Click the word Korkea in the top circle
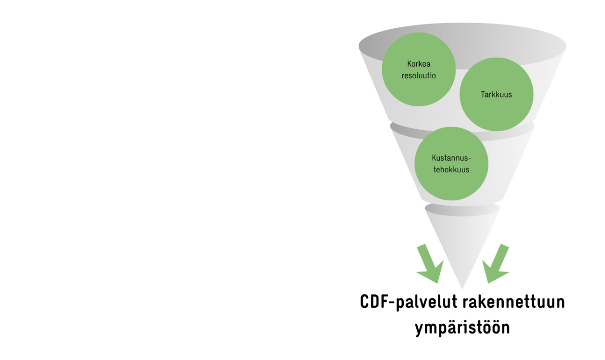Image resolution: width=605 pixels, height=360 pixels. (419, 64)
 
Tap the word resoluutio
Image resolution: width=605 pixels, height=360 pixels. (419, 76)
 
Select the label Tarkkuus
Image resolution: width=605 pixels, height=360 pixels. (496, 95)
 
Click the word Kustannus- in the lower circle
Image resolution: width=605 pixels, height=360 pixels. (451, 158)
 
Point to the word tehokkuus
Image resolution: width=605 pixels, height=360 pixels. (451, 169)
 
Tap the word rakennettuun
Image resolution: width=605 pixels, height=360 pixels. (514, 302)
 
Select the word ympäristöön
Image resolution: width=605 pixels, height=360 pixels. (462, 327)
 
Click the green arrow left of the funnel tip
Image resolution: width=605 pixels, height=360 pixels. (430, 264)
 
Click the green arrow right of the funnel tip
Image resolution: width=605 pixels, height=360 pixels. (496, 264)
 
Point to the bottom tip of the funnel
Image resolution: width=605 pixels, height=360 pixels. (462, 288)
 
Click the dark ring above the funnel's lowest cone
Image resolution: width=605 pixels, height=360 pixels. (462, 210)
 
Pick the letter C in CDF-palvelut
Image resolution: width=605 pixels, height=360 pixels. (364, 301)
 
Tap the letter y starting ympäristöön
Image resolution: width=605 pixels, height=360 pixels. (420, 329)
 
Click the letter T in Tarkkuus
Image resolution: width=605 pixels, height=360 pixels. (483, 95)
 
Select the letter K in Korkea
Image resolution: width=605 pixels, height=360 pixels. (410, 64)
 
